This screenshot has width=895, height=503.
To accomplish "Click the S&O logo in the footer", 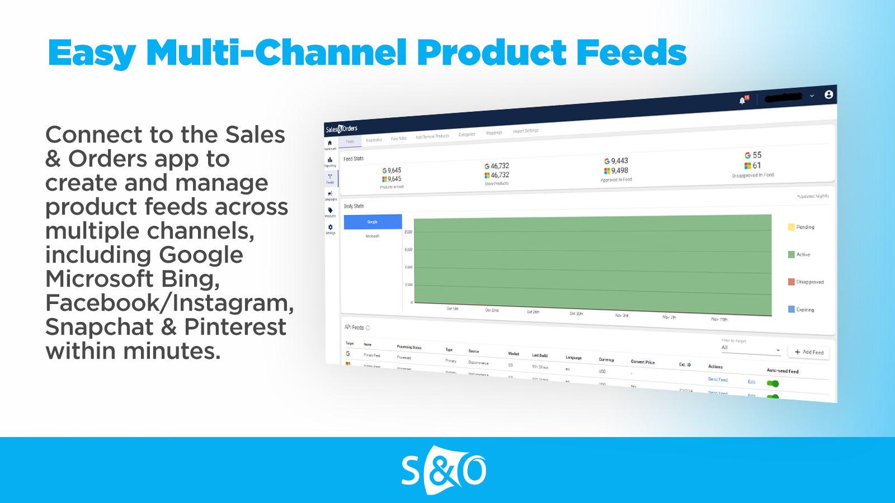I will [x=444, y=471].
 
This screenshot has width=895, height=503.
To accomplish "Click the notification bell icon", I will [x=742, y=101].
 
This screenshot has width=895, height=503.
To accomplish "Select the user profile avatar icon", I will [x=828, y=94].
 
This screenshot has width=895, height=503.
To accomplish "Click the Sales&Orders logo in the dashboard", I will [x=341, y=129].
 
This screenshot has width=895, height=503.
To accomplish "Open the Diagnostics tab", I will [x=374, y=140].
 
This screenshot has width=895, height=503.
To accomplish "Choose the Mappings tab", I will [x=494, y=132].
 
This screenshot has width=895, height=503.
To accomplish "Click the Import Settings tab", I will [x=525, y=131].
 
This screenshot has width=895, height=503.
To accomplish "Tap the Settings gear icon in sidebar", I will [x=331, y=227].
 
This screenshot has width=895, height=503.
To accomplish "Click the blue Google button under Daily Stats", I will [x=372, y=222].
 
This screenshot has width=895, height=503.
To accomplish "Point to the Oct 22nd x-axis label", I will [x=492, y=310].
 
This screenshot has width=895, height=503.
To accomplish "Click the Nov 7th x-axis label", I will [x=669, y=317].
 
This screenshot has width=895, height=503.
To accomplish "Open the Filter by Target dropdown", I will [x=751, y=349].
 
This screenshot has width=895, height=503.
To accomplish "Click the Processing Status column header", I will [x=409, y=347].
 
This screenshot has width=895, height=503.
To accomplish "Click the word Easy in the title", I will [x=92, y=53].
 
